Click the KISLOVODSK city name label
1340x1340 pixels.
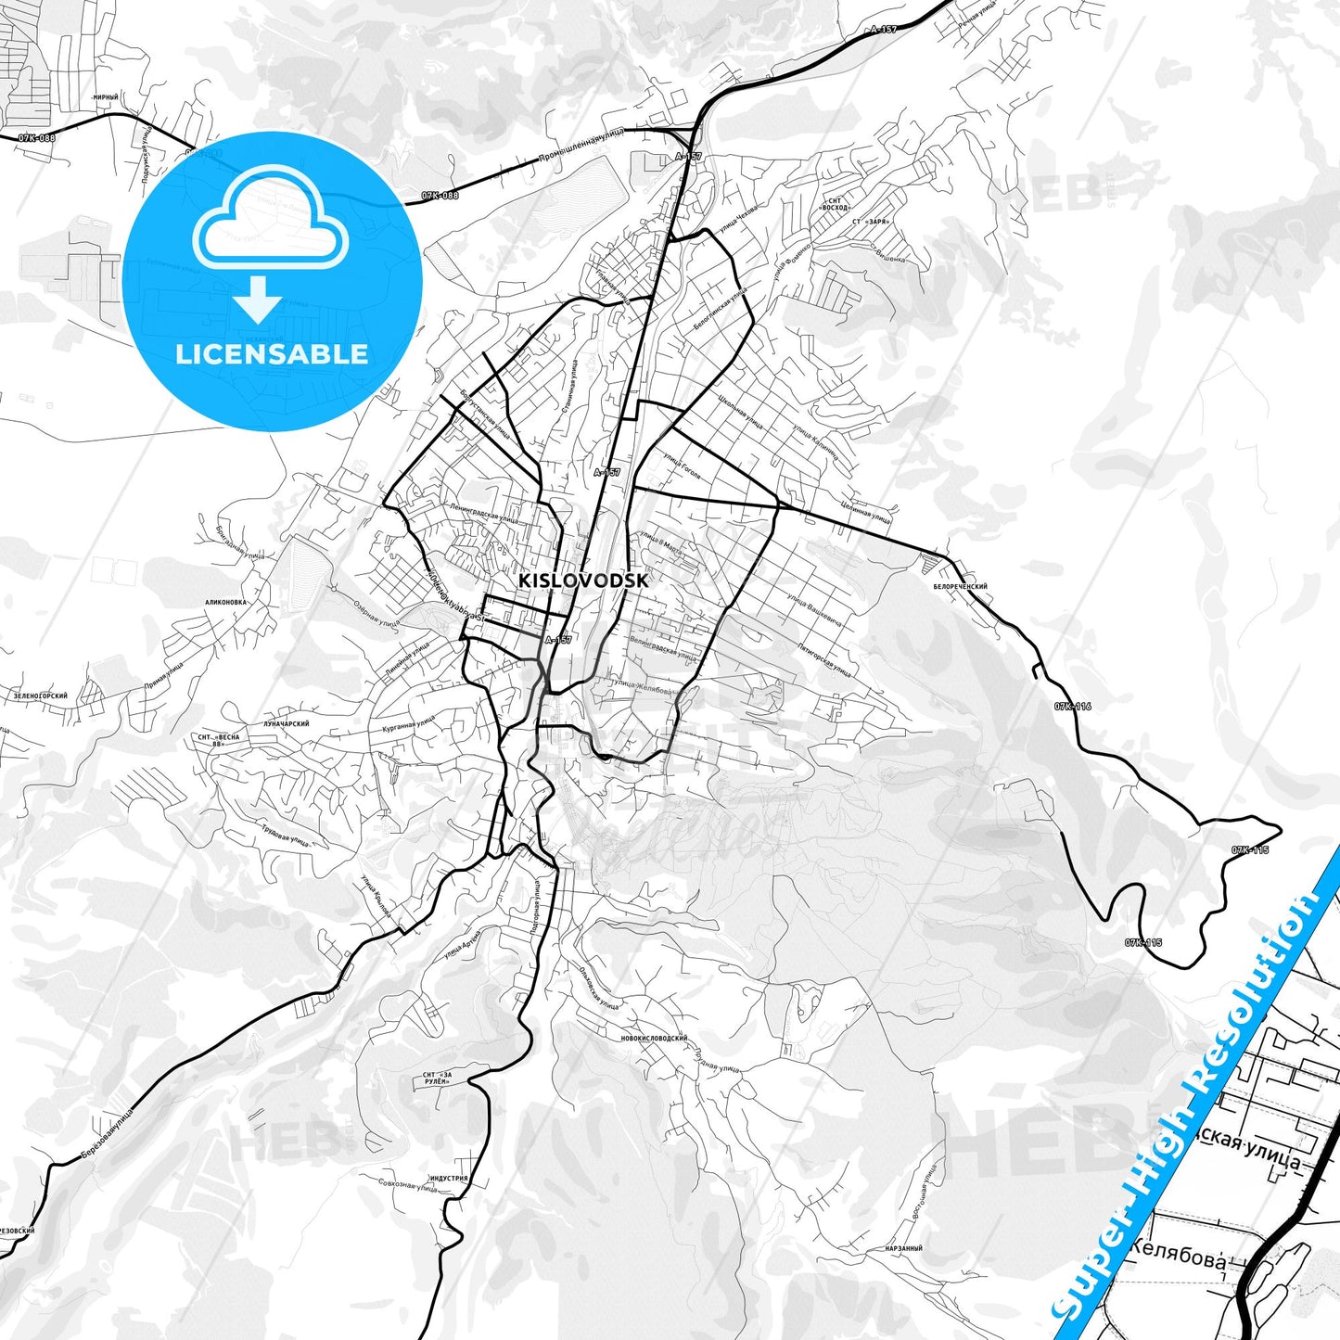583,581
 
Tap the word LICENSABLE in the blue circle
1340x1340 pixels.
272,353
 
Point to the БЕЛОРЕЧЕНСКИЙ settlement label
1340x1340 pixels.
960,586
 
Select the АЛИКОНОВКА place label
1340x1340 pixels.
226,602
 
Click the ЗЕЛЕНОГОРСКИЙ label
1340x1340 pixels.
41,695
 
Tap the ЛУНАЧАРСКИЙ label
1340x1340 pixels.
286,723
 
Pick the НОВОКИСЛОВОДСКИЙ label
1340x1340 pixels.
654,1038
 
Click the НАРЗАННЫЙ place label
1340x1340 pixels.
903,1248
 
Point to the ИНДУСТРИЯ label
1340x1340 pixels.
448,1179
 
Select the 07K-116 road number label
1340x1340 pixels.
1072,707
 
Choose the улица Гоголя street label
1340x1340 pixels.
682,467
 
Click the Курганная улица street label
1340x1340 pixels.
408,723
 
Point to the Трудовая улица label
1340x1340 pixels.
285,835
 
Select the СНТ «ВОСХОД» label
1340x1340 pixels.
835,204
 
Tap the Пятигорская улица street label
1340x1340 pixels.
823,657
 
